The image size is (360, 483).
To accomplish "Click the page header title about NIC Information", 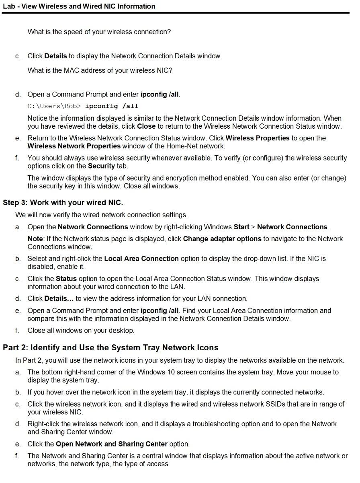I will pyautogui.click(x=79, y=6).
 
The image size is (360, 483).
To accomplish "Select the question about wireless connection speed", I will pyautogui.click(x=99, y=32).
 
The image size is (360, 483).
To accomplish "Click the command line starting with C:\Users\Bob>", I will pyautogui.click(x=83, y=106).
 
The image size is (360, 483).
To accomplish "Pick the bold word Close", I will pyautogui.click(x=146, y=126).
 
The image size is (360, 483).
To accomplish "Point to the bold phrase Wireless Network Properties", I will pyautogui.click(x=74, y=146).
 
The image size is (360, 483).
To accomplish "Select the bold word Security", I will pyautogui.click(x=101, y=166).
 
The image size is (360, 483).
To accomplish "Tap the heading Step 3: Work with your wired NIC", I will pyautogui.click(x=63, y=202).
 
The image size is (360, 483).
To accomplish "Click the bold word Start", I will pyautogui.click(x=241, y=227).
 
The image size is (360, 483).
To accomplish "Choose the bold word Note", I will pyautogui.click(x=35, y=239).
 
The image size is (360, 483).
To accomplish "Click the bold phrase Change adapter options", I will pyautogui.click(x=222, y=239).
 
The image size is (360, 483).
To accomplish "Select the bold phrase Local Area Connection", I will pyautogui.click(x=141, y=259).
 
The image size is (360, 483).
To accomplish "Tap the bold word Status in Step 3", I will pyautogui.click(x=66, y=279).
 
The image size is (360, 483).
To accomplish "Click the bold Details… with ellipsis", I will pyautogui.click(x=59, y=298).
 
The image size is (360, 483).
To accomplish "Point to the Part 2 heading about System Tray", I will pyautogui.click(x=110, y=347).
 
